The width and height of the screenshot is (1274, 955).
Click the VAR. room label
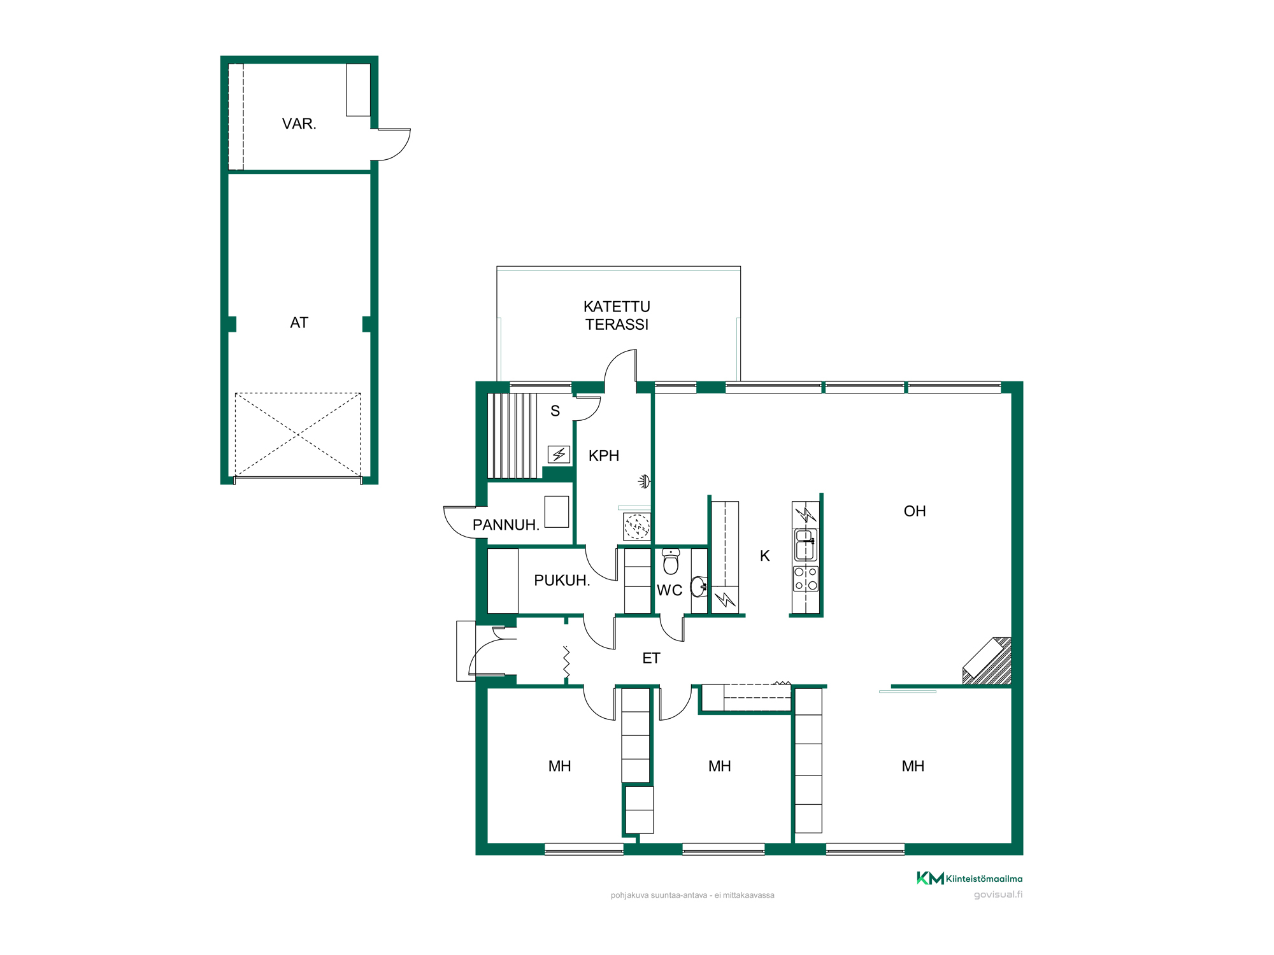(x=299, y=124)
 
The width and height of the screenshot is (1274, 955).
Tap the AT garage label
(x=299, y=323)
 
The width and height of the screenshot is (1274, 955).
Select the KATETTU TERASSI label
(x=617, y=316)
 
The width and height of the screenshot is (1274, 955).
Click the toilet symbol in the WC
(x=671, y=562)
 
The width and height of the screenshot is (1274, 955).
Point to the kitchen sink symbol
(x=806, y=545)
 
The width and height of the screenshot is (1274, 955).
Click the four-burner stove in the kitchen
(x=806, y=579)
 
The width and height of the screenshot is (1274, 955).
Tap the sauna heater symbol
(x=559, y=455)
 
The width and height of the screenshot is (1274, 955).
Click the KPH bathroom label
(x=604, y=456)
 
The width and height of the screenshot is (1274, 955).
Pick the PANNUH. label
(x=506, y=525)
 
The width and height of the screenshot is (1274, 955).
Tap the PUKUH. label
(x=562, y=581)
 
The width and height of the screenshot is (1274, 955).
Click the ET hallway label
(x=651, y=658)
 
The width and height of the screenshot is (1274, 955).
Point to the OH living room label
(x=915, y=511)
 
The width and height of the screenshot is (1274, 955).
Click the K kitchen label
(x=765, y=556)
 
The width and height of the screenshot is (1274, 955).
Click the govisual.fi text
(x=998, y=895)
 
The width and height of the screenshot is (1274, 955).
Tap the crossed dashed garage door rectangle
(x=298, y=435)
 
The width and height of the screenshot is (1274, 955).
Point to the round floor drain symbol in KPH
(x=637, y=527)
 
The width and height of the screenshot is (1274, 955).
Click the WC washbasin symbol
(x=699, y=586)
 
